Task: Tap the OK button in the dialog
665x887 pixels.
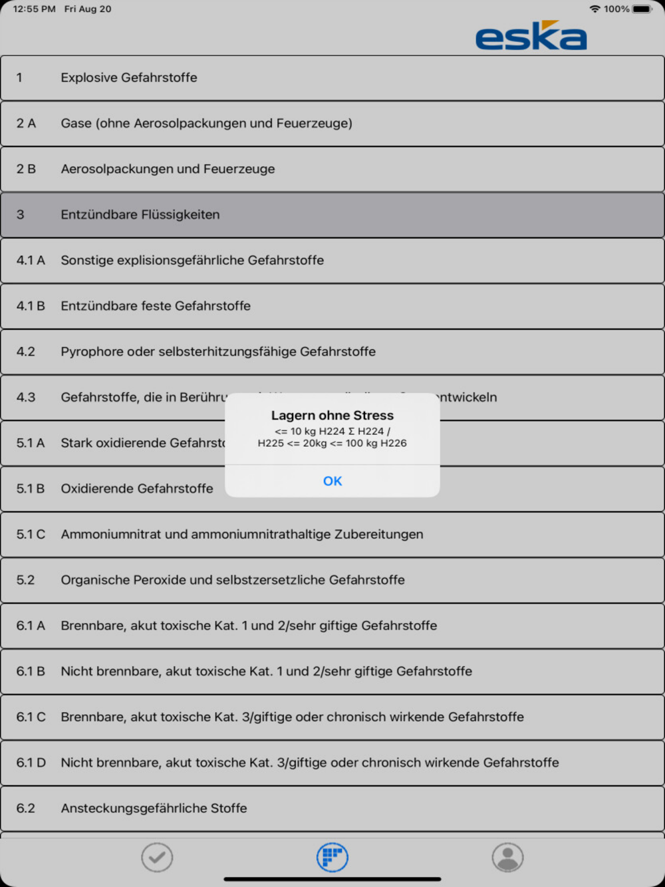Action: point(332,481)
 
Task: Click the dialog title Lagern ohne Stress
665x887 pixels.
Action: point(332,416)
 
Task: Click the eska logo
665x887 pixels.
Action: point(531,36)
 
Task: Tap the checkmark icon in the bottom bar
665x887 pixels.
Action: point(157,857)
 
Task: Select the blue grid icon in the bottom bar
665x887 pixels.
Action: point(332,857)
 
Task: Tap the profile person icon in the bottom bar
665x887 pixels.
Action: point(507,857)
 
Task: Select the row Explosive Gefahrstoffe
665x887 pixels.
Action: point(129,78)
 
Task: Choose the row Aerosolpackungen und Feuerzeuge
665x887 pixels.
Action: point(168,169)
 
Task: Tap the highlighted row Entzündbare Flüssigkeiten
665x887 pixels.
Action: point(140,215)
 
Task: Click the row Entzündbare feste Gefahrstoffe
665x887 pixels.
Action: point(156,306)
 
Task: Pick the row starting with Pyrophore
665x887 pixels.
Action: point(218,352)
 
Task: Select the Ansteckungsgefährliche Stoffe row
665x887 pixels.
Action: point(154,809)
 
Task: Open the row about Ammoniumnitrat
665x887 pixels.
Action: point(242,535)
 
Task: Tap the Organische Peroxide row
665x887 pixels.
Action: point(233,580)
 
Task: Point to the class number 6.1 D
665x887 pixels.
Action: point(31,763)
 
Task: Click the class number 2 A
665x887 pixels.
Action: point(26,124)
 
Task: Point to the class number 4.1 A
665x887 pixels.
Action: point(31,261)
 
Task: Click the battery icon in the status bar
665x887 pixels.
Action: point(642,9)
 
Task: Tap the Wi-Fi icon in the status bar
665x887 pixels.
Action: point(595,9)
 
